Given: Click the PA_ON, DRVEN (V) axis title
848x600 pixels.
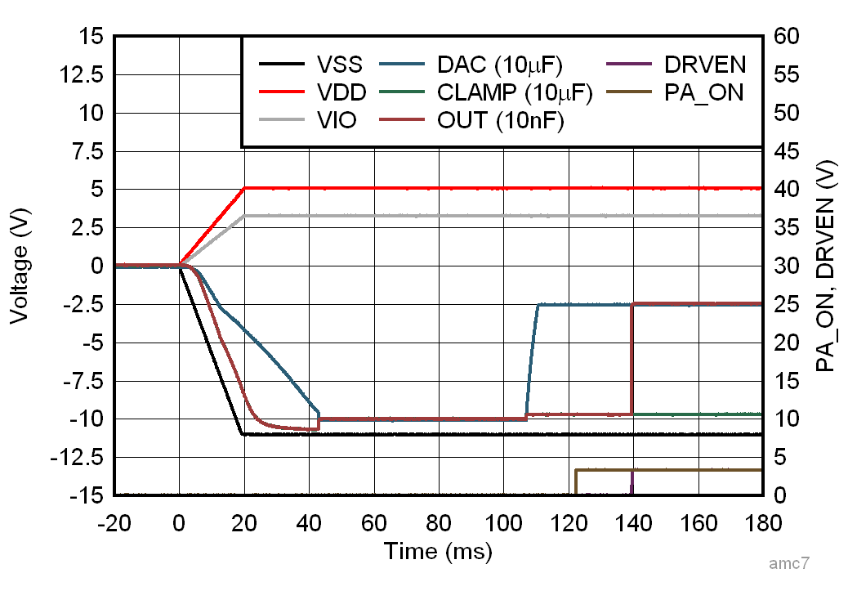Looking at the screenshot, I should [827, 266].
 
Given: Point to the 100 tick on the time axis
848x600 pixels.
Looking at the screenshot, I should [503, 522].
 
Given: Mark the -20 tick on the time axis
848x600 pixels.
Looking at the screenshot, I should [114, 522].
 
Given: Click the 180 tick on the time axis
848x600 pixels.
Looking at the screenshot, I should [761, 522].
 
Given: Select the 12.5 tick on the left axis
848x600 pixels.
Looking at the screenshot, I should [87, 75].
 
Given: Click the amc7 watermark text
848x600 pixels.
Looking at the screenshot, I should [789, 564].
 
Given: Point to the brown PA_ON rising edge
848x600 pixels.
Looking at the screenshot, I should [576, 482].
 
